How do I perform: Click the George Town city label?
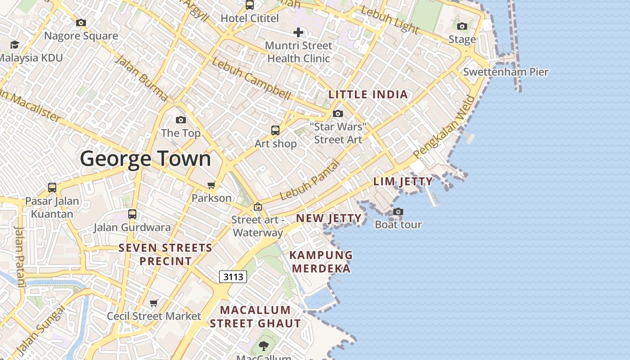point(145,159)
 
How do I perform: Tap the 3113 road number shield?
point(233,277)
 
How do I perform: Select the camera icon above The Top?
point(181,120)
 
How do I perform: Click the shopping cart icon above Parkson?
point(211,185)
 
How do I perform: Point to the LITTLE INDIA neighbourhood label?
point(368,94)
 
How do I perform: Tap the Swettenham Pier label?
point(506,72)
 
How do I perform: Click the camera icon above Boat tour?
point(398,211)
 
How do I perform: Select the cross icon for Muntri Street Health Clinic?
point(298,32)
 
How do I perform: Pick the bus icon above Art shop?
point(275,130)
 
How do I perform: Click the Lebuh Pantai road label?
point(309,180)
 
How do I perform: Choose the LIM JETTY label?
point(403,182)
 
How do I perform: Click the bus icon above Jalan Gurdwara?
point(132,214)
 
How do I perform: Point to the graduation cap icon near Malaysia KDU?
point(14,45)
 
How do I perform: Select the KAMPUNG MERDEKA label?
point(320,262)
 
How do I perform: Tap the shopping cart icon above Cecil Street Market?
point(154,303)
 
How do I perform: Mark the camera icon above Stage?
point(462,26)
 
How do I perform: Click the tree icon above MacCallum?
point(264,346)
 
